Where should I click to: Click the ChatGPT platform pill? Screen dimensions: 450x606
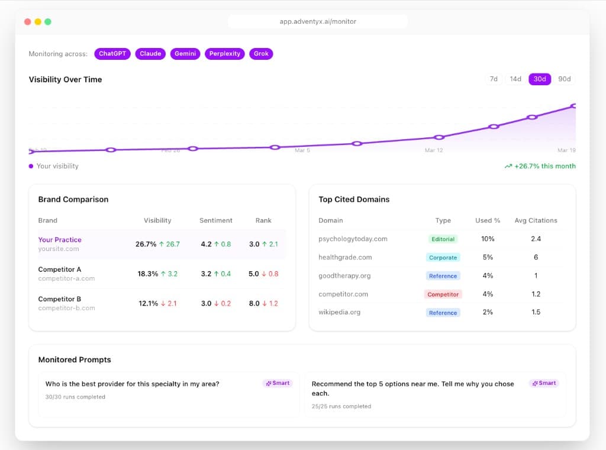(x=112, y=54)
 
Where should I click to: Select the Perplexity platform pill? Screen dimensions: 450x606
(x=224, y=54)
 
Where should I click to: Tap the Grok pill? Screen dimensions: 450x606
(x=261, y=54)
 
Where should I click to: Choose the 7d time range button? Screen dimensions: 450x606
(x=494, y=79)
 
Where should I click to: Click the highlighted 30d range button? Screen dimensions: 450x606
(x=540, y=79)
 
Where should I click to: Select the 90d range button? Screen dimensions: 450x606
(x=565, y=79)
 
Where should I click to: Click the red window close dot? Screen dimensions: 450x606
(x=27, y=22)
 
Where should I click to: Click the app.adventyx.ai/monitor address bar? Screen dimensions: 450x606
(x=318, y=22)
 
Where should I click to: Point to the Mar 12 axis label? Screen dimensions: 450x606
(x=434, y=150)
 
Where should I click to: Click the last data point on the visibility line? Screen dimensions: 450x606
(x=573, y=106)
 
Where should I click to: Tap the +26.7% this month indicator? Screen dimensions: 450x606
(x=540, y=166)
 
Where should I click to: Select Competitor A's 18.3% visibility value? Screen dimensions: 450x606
(x=148, y=274)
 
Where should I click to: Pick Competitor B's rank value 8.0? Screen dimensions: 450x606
(x=254, y=304)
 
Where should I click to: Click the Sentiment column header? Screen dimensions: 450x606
(x=215, y=220)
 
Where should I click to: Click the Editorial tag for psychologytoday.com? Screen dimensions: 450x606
(x=443, y=239)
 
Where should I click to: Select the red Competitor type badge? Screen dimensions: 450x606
(x=443, y=294)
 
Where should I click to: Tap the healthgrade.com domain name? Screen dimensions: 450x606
(x=345, y=258)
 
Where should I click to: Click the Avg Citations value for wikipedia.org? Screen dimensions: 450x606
(x=536, y=312)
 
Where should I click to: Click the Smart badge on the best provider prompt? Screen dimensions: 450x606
(x=278, y=384)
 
